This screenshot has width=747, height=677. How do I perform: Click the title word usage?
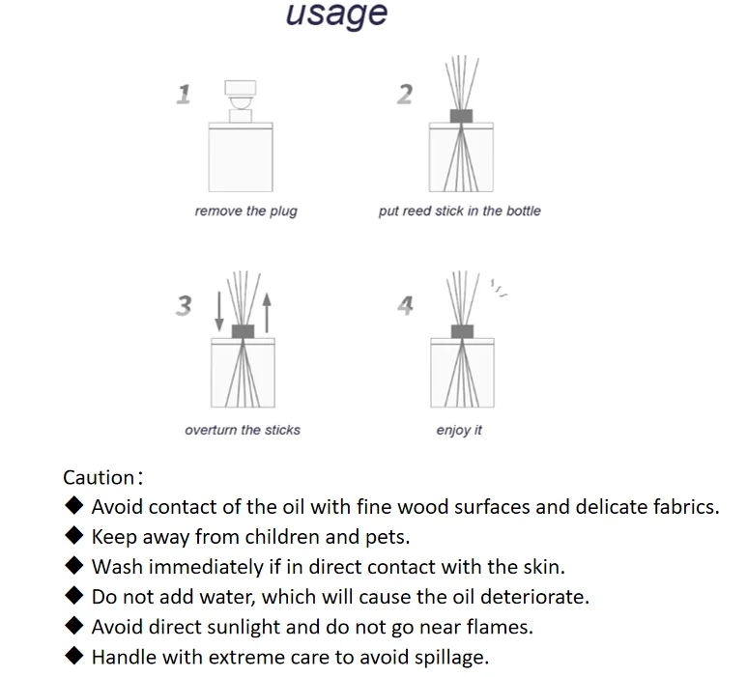pos(336,14)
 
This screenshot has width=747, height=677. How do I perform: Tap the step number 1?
pos(183,94)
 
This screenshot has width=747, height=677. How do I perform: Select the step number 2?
pos(405,94)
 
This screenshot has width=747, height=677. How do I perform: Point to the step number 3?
pos(183,306)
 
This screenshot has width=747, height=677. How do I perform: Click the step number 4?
pos(405,306)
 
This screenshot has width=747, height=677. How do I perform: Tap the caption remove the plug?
pos(245,212)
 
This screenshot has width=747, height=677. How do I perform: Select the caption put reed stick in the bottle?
pos(459,212)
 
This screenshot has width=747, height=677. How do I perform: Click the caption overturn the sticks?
pos(242,430)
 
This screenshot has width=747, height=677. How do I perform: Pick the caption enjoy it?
pos(459,430)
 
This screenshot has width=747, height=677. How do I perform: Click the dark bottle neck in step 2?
pos(461,116)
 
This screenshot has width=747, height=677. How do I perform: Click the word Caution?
pos(99,477)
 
